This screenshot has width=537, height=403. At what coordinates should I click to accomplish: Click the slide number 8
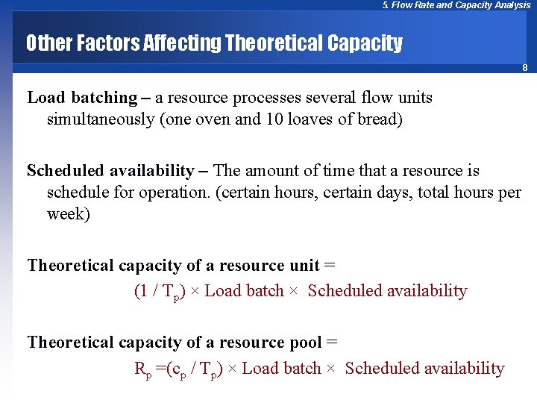pyautogui.click(x=524, y=68)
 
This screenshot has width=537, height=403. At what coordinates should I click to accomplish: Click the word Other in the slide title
pyautogui.click(x=50, y=43)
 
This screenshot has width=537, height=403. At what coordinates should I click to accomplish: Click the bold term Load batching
pyautogui.click(x=82, y=98)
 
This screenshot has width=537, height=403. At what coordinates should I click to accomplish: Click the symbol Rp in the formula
pyautogui.click(x=142, y=369)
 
